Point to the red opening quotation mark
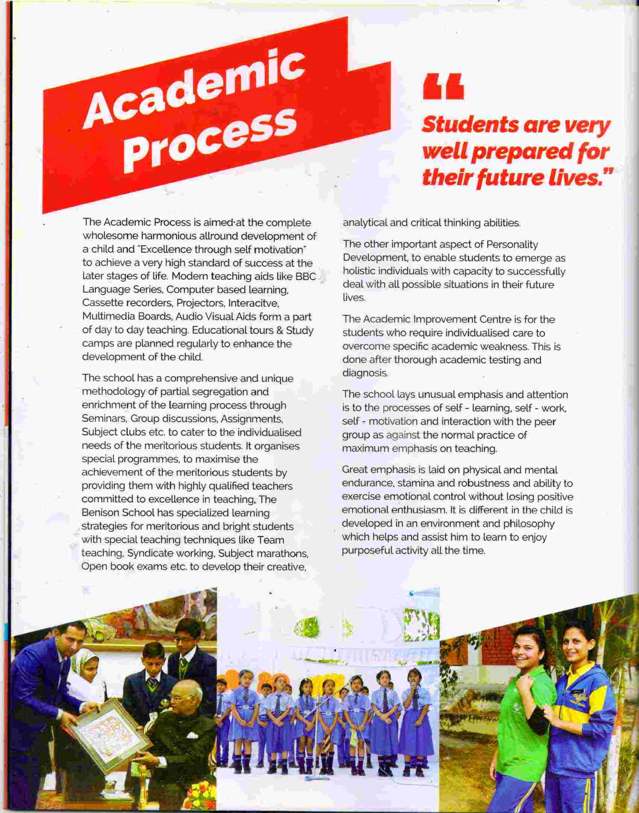pos(443,87)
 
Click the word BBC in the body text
pos(306,276)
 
